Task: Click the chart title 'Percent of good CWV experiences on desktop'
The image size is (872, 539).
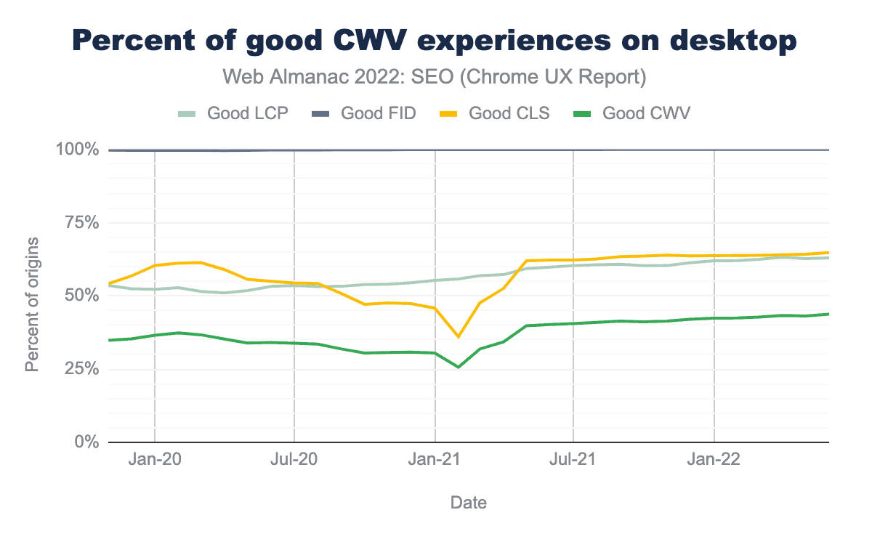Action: [x=435, y=41]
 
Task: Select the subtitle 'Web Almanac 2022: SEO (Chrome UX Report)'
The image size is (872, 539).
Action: [x=435, y=76]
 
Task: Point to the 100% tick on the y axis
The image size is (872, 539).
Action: [x=76, y=150]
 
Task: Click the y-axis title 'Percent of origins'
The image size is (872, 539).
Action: [x=32, y=303]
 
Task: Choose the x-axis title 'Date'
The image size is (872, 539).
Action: [x=469, y=502]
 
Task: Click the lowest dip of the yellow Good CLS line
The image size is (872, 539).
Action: [x=458, y=337]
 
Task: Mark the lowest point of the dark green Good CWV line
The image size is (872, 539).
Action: [x=458, y=367]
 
